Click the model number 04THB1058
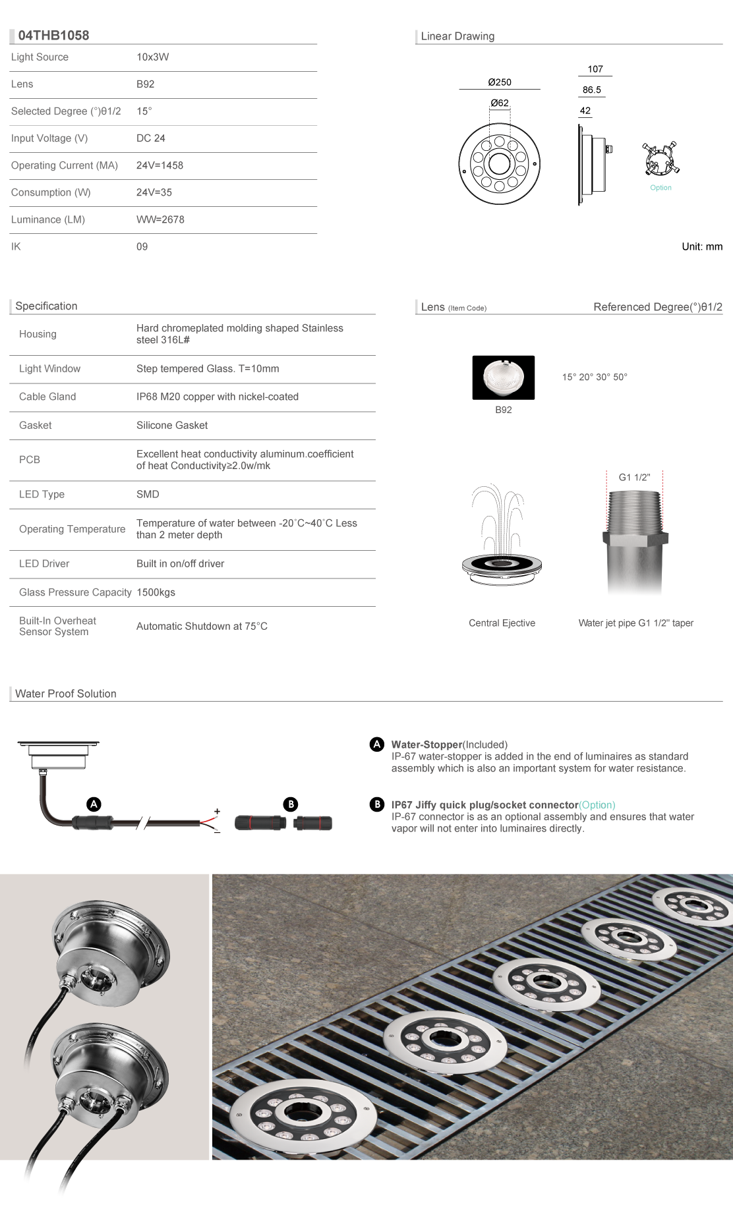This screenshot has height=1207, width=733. (53, 36)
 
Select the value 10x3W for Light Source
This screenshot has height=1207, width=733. (152, 57)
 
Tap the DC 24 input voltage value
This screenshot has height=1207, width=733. (150, 138)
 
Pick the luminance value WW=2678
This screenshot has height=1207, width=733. (160, 219)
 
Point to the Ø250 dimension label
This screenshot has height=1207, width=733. (500, 82)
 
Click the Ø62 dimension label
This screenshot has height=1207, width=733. (500, 103)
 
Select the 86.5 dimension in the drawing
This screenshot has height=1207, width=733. (591, 90)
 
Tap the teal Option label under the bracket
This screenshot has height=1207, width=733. (660, 188)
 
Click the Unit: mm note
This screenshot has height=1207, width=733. (702, 246)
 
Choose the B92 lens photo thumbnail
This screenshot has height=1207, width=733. (503, 378)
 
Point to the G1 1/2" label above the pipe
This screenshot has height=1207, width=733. (634, 478)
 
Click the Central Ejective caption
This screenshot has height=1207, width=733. (502, 623)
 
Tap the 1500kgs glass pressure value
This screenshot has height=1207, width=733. (156, 592)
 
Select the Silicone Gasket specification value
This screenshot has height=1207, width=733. (172, 426)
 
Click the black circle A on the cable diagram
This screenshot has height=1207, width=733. (94, 804)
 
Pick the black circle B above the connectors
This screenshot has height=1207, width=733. (291, 804)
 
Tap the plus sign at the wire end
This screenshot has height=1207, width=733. (217, 812)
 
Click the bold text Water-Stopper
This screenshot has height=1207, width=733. (426, 744)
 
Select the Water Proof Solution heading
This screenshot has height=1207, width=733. (66, 694)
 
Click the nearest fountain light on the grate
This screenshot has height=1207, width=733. (303, 1114)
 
